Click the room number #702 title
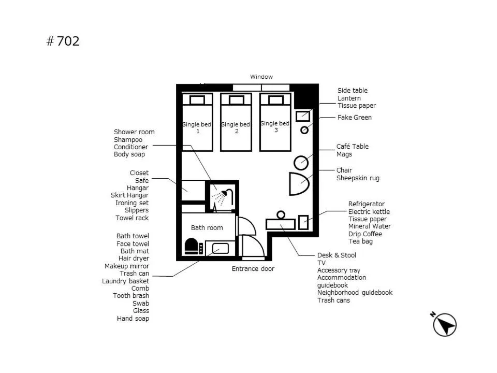click(63, 41)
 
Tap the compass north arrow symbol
click(444, 324)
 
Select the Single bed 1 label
click(197, 127)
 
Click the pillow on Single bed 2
click(237, 100)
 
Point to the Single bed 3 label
click(275, 126)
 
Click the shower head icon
click(224, 196)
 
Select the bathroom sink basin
click(220, 248)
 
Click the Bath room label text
click(207, 227)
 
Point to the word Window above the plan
click(261, 77)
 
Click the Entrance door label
click(253, 269)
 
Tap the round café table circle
click(301, 163)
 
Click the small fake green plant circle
click(304, 130)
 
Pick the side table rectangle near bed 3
click(302, 116)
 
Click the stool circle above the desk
click(281, 214)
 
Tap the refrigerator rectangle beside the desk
click(303, 222)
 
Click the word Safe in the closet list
click(141, 180)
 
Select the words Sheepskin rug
click(358, 178)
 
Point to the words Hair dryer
click(134, 259)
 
